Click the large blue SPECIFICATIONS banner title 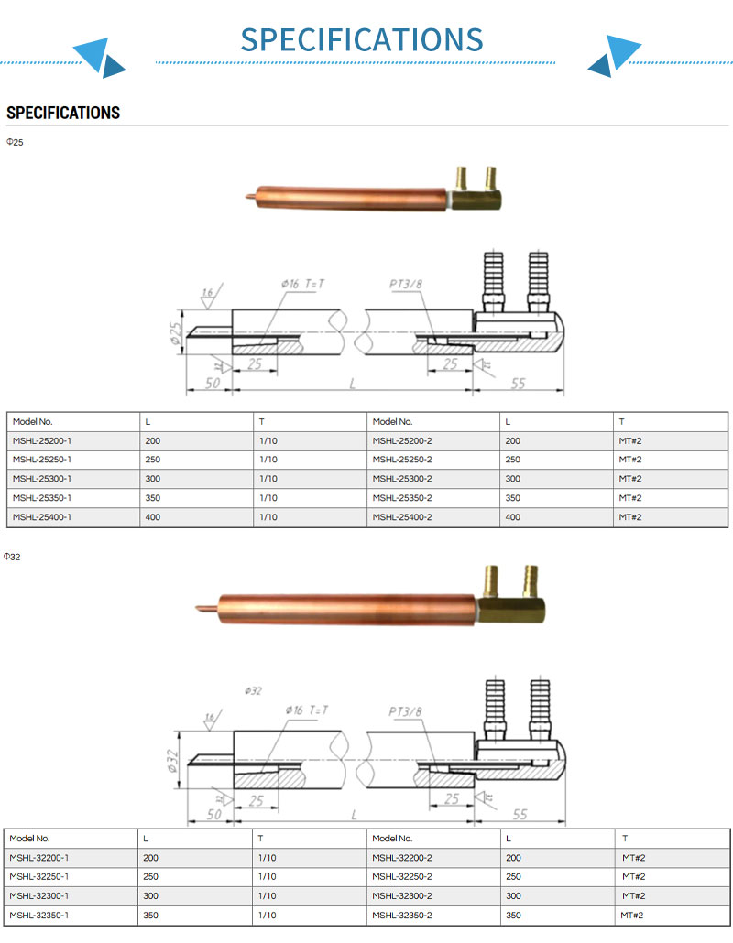(x=362, y=39)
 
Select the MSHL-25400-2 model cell (x=402, y=517)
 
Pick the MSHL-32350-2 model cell (x=402, y=915)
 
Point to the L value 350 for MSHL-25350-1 (x=153, y=498)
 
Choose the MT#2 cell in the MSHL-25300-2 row (x=630, y=479)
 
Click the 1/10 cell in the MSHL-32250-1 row (x=268, y=877)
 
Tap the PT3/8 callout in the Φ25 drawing (x=405, y=284)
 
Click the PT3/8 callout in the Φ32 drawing (x=405, y=710)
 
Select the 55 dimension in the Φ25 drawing (x=519, y=384)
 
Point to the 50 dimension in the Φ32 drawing (x=213, y=814)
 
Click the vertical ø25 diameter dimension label (x=177, y=336)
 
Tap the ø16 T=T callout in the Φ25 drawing (x=303, y=284)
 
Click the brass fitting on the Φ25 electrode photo (x=476, y=191)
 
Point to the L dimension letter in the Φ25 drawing (x=352, y=384)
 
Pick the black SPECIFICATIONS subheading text (x=63, y=113)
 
